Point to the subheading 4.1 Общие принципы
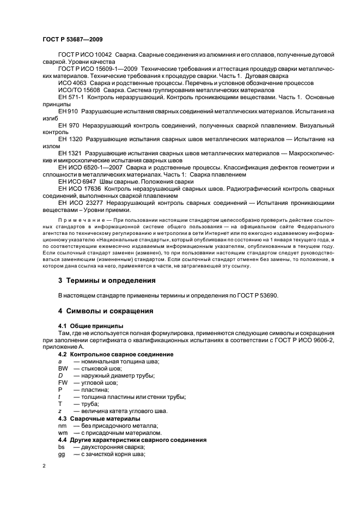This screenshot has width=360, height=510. [88, 326]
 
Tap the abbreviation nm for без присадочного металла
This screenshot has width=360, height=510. [62, 425]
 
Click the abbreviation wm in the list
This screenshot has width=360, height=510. [63, 432]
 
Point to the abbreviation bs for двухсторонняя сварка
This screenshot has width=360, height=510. [62, 446]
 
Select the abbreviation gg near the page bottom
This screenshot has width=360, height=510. [62, 453]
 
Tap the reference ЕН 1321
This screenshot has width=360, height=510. [70, 154]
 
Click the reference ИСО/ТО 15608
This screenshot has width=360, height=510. [80, 90]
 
